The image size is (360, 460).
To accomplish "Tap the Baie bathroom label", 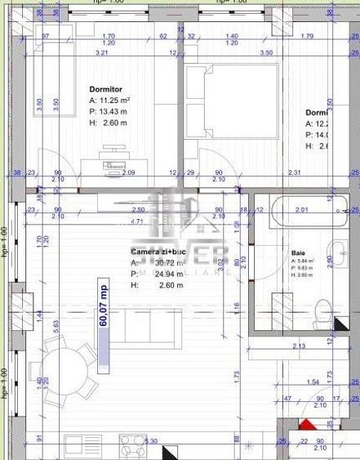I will [x=298, y=253].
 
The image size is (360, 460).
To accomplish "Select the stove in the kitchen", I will [x=131, y=446].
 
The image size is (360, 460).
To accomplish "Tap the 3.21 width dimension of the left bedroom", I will [x=102, y=52].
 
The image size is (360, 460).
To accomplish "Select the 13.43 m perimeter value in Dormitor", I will [x=114, y=111].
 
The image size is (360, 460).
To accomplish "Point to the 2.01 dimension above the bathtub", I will [x=302, y=210].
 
